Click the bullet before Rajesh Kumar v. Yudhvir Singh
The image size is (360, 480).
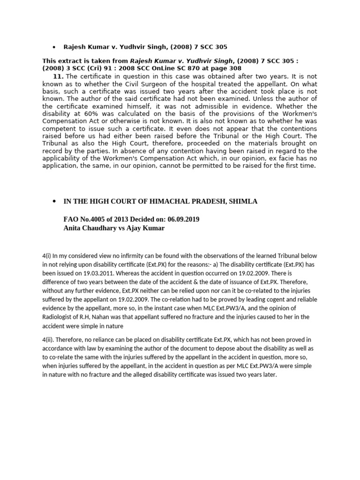pyautogui.click(x=54, y=47)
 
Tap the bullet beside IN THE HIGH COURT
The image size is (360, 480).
pyautogui.click(x=54, y=201)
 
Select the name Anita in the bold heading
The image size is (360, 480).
pyautogui.click(x=73, y=228)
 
